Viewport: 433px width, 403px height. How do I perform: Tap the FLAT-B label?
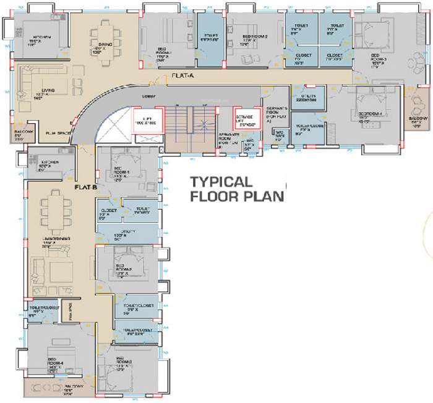(85, 186)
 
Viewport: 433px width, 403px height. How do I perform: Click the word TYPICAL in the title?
(221, 183)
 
